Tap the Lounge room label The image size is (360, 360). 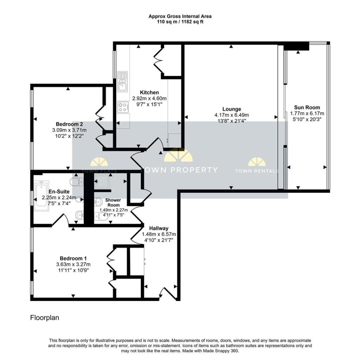tap(232, 109)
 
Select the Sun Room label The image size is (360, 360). tap(307, 108)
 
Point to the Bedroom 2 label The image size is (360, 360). tap(69, 124)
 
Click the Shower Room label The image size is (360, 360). tap(113, 202)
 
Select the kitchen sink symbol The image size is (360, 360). tap(122, 81)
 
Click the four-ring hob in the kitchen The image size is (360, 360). tap(122, 107)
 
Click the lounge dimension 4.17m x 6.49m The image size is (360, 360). tap(232, 115)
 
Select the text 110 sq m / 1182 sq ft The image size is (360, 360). tap(180, 22)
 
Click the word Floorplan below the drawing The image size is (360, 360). tap(44, 318)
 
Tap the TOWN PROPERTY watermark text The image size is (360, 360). tap(179, 170)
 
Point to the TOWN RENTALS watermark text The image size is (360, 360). tap(257, 171)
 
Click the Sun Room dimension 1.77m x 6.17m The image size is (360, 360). tap(307, 114)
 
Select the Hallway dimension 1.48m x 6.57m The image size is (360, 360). tap(158, 234)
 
